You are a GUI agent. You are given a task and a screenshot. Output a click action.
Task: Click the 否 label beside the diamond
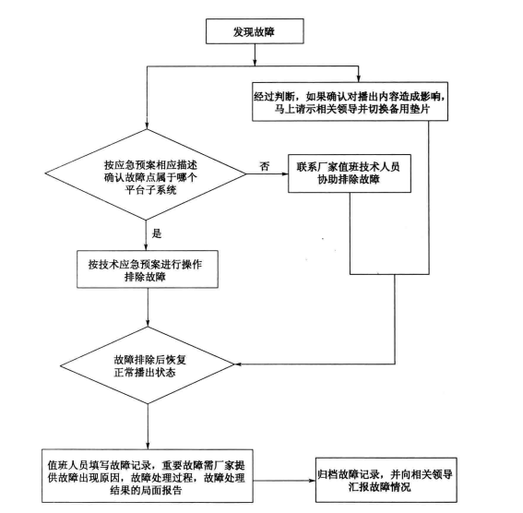coord(264,166)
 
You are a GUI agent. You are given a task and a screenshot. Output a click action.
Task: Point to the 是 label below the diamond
coord(157,233)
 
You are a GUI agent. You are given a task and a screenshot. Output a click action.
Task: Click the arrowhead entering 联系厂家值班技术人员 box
coord(285,173)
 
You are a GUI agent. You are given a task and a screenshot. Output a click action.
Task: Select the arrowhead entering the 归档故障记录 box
coord(312,481)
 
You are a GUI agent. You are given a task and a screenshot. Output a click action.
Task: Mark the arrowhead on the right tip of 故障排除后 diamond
coord(239,364)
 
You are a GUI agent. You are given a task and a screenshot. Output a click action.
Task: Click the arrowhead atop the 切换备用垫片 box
coord(359,78)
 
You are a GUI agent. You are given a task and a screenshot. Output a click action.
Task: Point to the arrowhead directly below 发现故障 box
coord(255,63)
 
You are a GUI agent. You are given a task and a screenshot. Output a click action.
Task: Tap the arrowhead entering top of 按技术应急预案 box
coord(146,247)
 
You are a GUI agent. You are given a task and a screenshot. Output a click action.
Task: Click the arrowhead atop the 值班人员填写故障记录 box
coord(148,446)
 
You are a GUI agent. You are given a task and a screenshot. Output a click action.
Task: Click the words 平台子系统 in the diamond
coord(150,190)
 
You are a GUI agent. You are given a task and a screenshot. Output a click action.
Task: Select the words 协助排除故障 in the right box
coord(349,179)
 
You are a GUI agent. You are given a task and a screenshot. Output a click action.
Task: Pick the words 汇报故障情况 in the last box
coord(380,487)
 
